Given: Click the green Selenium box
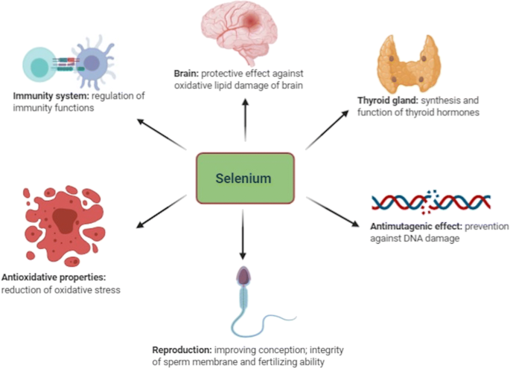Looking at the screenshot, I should pyautogui.click(x=245, y=178).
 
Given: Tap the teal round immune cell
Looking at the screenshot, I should pyautogui.click(x=37, y=63).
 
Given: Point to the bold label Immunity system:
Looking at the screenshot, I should pyautogui.click(x=49, y=96).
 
